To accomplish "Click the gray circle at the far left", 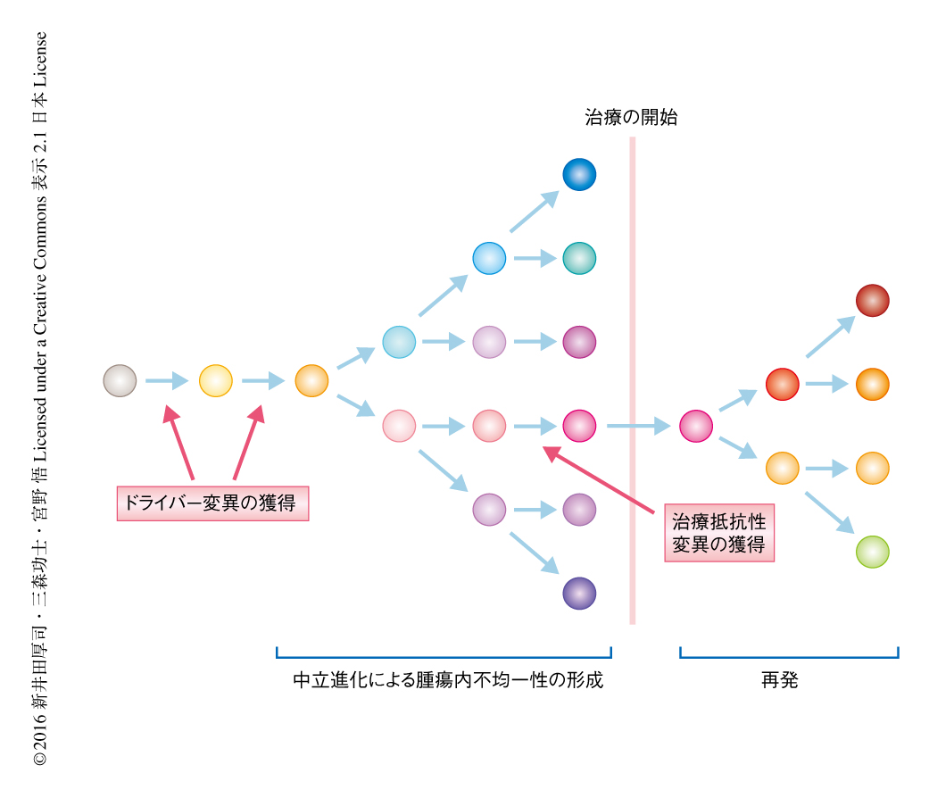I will click(120, 381).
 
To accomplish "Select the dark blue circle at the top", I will click(579, 174).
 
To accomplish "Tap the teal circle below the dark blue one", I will click(579, 258).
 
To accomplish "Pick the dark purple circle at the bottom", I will click(579, 594).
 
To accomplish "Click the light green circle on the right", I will click(872, 552).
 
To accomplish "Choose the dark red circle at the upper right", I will click(872, 301).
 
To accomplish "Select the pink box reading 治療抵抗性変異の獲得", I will click(719, 533).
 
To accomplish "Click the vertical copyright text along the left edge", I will click(40, 399).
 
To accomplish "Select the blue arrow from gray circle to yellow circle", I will click(167, 382).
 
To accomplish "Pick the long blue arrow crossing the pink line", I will click(638, 427).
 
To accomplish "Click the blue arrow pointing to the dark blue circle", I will click(534, 212).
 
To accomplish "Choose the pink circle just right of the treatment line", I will click(696, 427).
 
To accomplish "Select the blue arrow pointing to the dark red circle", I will click(830, 337).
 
